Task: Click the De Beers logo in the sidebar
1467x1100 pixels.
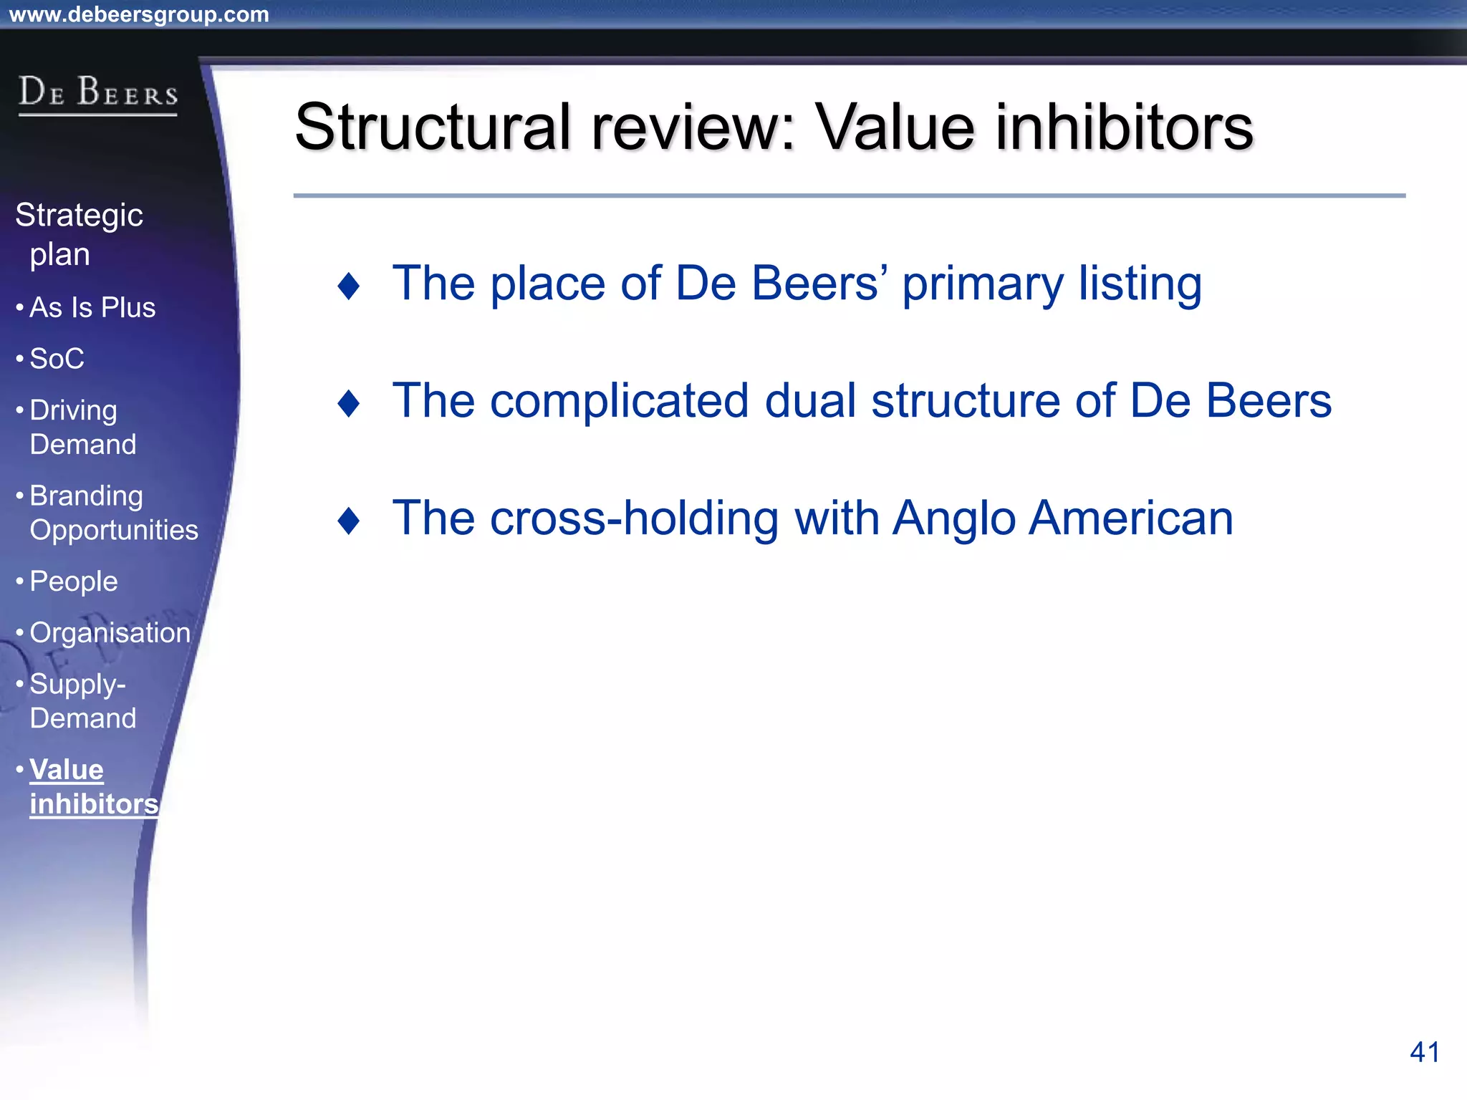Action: click(x=98, y=94)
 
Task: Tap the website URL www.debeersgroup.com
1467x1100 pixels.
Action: click(x=139, y=14)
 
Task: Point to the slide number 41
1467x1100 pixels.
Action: click(x=1424, y=1052)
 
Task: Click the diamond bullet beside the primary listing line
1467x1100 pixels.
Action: click(x=349, y=286)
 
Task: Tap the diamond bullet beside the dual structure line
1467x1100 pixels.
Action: click(x=349, y=403)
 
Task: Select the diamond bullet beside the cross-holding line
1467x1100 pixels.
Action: click(x=349, y=521)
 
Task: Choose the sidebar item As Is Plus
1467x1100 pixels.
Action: click(x=92, y=307)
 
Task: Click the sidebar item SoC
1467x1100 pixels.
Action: click(x=57, y=359)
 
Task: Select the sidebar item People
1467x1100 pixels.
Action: click(x=74, y=582)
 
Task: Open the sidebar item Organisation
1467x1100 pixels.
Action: click(x=110, y=633)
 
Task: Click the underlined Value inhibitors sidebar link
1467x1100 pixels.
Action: click(x=93, y=787)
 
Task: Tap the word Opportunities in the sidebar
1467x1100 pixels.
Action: click(x=114, y=530)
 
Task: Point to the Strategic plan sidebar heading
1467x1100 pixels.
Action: click(x=79, y=234)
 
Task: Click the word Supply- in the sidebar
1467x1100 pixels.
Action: click(x=77, y=685)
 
